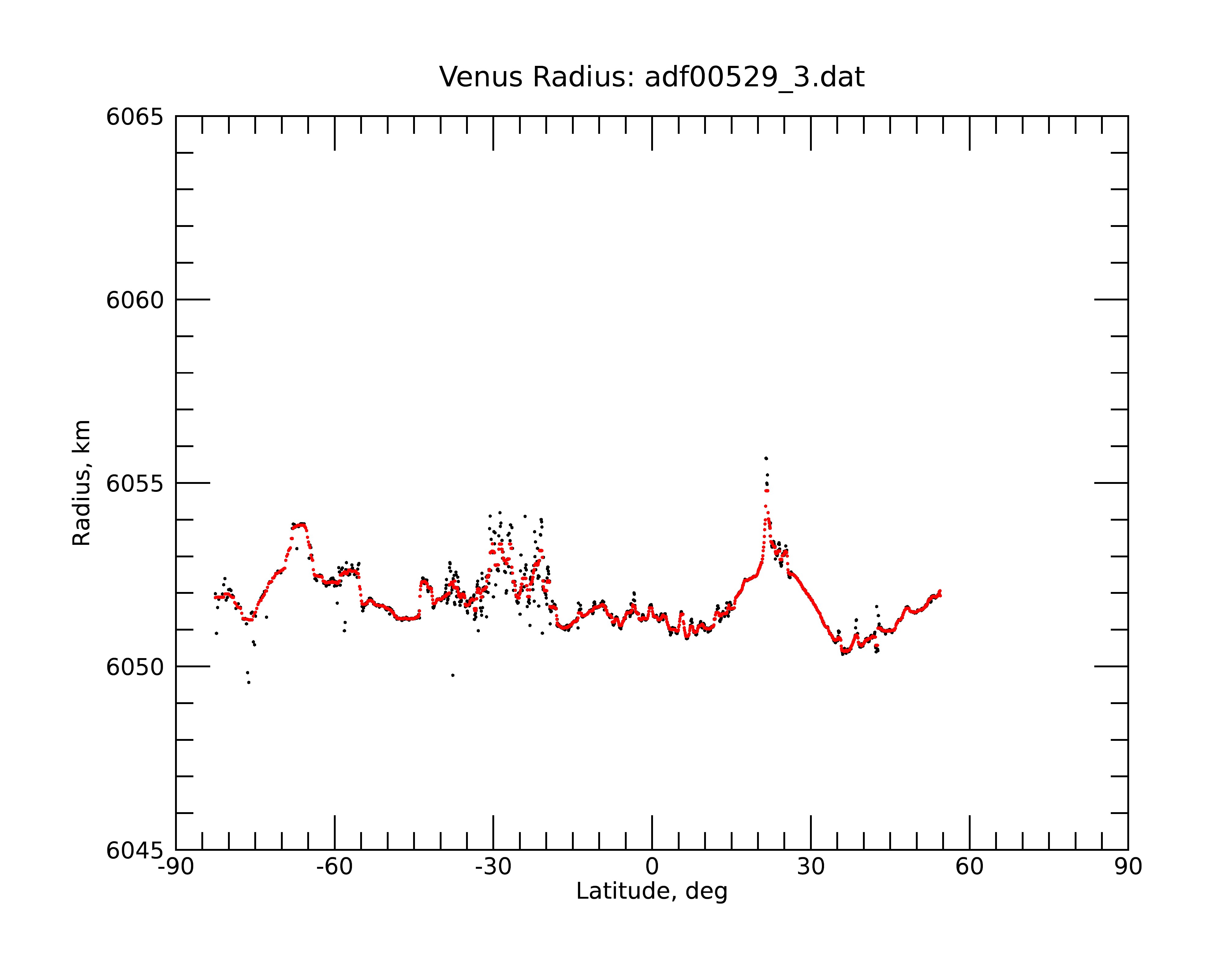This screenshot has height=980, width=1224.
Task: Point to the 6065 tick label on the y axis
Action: [x=135, y=117]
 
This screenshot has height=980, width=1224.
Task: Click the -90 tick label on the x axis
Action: [x=176, y=867]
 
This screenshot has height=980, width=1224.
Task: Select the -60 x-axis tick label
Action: [x=334, y=867]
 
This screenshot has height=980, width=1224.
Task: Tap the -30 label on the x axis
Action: [x=493, y=867]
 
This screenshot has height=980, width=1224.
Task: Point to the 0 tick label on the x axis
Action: [x=652, y=867]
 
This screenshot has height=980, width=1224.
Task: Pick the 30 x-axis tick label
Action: [x=811, y=867]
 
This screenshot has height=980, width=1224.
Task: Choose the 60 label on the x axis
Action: [x=969, y=867]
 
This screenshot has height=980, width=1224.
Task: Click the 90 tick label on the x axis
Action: [x=1128, y=867]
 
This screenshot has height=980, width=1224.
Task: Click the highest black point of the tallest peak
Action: [x=766, y=458]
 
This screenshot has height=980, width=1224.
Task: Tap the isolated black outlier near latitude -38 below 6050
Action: [x=453, y=675]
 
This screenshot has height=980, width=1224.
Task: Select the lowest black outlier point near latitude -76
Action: [x=249, y=682]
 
